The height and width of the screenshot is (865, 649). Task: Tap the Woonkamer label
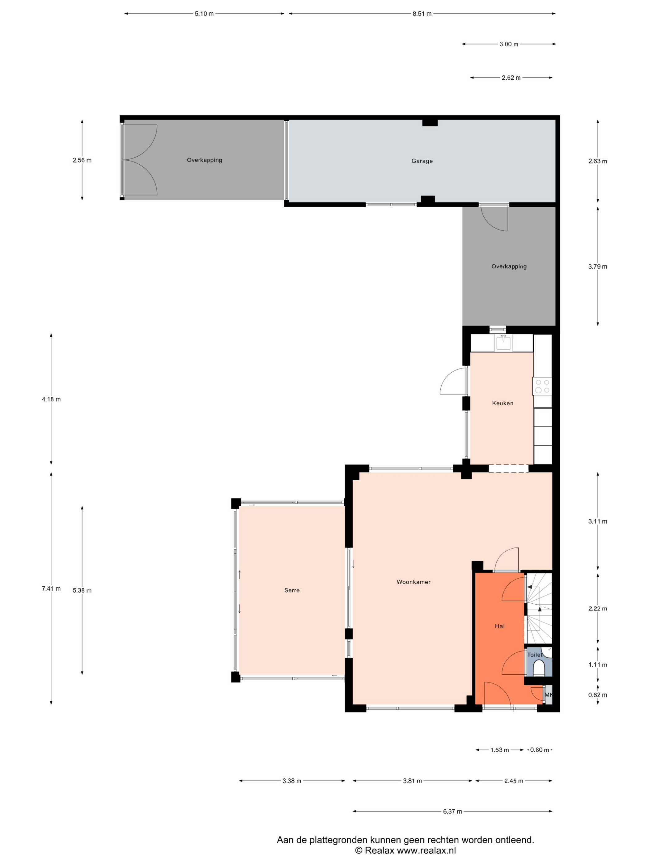pyautogui.click(x=414, y=582)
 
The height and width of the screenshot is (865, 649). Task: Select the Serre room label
pyautogui.click(x=292, y=590)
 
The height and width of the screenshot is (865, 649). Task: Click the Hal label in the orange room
pyautogui.click(x=499, y=626)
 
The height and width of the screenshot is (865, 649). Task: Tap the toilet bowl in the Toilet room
pyautogui.click(x=539, y=668)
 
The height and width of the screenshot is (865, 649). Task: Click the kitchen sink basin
pyautogui.click(x=503, y=343)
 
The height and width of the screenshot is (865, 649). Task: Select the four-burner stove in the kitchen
pyautogui.click(x=542, y=386)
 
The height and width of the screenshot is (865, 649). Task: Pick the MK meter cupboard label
pyautogui.click(x=549, y=695)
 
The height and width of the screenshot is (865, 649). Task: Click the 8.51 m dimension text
pyautogui.click(x=422, y=14)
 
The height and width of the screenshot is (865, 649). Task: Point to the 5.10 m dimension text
pyautogui.click(x=204, y=14)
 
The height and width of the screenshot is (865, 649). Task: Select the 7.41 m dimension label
pyautogui.click(x=51, y=589)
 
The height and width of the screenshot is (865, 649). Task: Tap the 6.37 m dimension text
pyautogui.click(x=452, y=812)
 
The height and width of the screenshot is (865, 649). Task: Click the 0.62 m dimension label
pyautogui.click(x=598, y=695)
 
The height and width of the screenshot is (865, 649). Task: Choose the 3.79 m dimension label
pyautogui.click(x=598, y=267)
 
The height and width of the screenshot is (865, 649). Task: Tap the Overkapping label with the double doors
pyautogui.click(x=204, y=160)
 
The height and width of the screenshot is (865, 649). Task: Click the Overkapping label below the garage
pyautogui.click(x=509, y=266)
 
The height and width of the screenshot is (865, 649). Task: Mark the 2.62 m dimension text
pyautogui.click(x=511, y=78)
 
